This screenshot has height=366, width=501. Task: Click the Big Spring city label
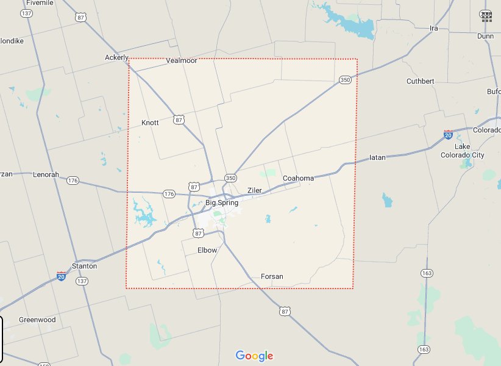tap(222, 203)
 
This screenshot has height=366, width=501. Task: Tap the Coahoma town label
tap(298, 178)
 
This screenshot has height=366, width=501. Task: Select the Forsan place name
tap(272, 276)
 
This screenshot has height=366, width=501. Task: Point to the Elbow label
tap(207, 250)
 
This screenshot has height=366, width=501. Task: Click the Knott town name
tap(150, 123)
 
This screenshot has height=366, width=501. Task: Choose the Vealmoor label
tap(181, 61)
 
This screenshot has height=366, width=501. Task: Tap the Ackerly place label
tap(116, 57)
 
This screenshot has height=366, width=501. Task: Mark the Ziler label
tap(254, 190)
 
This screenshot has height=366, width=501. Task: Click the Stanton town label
tap(84, 266)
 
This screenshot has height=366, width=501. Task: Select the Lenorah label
tap(46, 174)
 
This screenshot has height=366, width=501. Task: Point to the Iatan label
tap(378, 157)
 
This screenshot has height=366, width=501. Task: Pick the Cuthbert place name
tap(421, 81)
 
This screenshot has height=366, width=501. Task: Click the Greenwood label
tap(37, 320)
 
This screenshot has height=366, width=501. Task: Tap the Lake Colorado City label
tap(463, 151)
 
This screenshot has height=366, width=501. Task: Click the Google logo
tap(254, 356)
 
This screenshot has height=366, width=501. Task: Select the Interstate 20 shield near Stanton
tap(61, 276)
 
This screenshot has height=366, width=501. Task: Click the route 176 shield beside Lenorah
tap(73, 181)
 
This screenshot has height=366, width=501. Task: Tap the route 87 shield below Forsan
tap(286, 311)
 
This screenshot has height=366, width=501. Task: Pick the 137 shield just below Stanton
tap(81, 281)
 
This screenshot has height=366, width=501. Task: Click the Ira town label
tap(434, 28)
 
